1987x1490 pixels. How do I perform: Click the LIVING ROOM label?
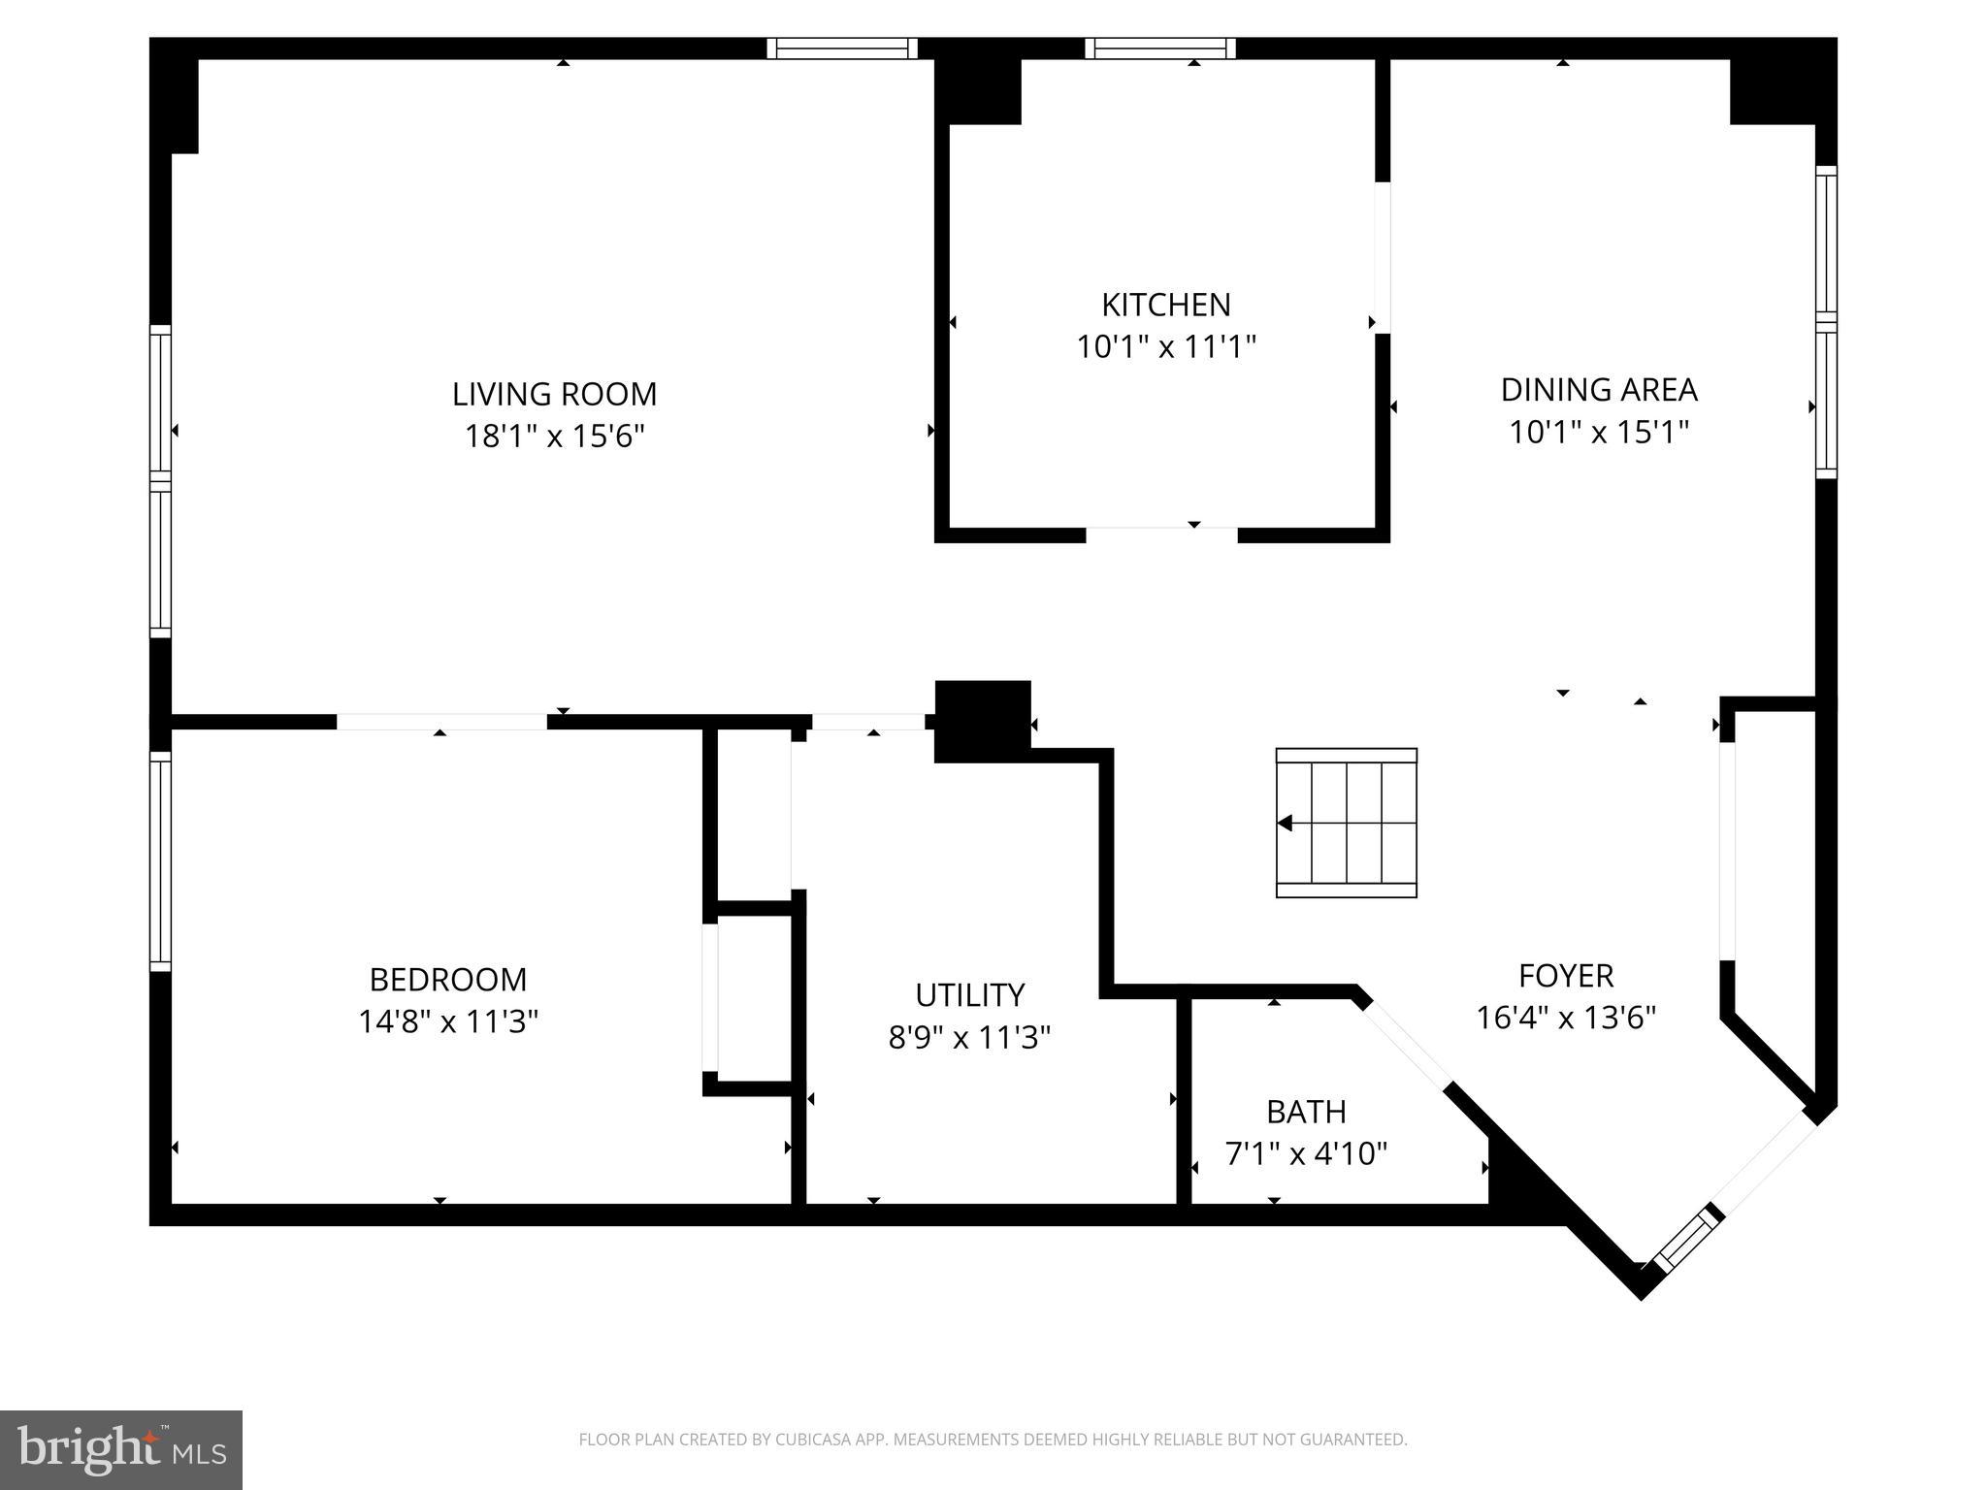point(554,394)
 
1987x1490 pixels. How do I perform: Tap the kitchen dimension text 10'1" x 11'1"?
point(1165,346)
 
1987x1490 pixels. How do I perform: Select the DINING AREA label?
point(1598,389)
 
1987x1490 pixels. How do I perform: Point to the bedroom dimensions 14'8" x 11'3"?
point(447,1021)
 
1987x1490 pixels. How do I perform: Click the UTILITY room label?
point(969,995)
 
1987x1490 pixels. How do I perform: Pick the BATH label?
point(1305,1111)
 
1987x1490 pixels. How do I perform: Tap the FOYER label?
point(1565,975)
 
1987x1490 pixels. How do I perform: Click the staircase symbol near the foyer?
point(1346,823)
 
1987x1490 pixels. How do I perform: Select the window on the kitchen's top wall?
point(1159,49)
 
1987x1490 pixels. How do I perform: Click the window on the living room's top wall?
point(841,49)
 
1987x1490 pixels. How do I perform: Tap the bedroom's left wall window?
point(160,860)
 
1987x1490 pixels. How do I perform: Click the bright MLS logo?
point(121,1450)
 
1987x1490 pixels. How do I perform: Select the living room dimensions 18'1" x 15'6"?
point(554,437)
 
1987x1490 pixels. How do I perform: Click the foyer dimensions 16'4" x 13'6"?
point(1565,1018)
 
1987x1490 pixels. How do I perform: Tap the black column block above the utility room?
point(982,721)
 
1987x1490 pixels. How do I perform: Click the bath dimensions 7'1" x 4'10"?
point(1305,1153)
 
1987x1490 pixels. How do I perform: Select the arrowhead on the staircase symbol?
point(1286,824)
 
